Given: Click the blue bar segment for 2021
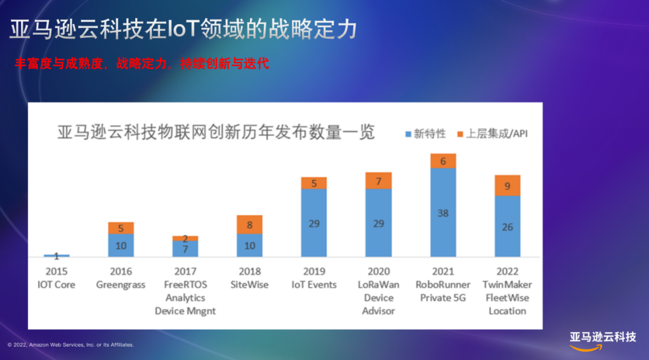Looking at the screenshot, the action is point(443,213).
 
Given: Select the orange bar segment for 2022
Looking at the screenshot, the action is point(507,185).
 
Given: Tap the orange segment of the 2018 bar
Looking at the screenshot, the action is point(249,225).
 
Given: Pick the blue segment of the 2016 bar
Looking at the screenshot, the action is point(121,245).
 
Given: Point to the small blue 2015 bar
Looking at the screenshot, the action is point(56,255).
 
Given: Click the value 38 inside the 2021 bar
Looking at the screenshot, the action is point(443,213).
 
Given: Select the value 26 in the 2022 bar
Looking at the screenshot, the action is point(507,228).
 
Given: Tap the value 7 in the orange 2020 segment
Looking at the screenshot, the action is point(379,181).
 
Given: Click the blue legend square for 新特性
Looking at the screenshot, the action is point(408,134).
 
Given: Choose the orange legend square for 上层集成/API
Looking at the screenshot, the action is point(460,134).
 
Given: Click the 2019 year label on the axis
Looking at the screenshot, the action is point(314,272).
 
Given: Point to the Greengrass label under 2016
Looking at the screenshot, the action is point(121,285).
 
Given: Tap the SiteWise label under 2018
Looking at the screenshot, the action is point(249,285).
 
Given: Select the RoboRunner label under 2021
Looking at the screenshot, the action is point(443,285).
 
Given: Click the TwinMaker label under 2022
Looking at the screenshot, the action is point(507,285).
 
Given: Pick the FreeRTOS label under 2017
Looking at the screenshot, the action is point(186,285).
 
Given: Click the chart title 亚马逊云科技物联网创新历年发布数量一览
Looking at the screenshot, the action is point(216,132).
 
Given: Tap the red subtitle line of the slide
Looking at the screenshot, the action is point(142,63).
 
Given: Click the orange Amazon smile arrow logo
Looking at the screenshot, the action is point(586,347).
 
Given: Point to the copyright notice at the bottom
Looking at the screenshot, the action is point(71,345).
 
